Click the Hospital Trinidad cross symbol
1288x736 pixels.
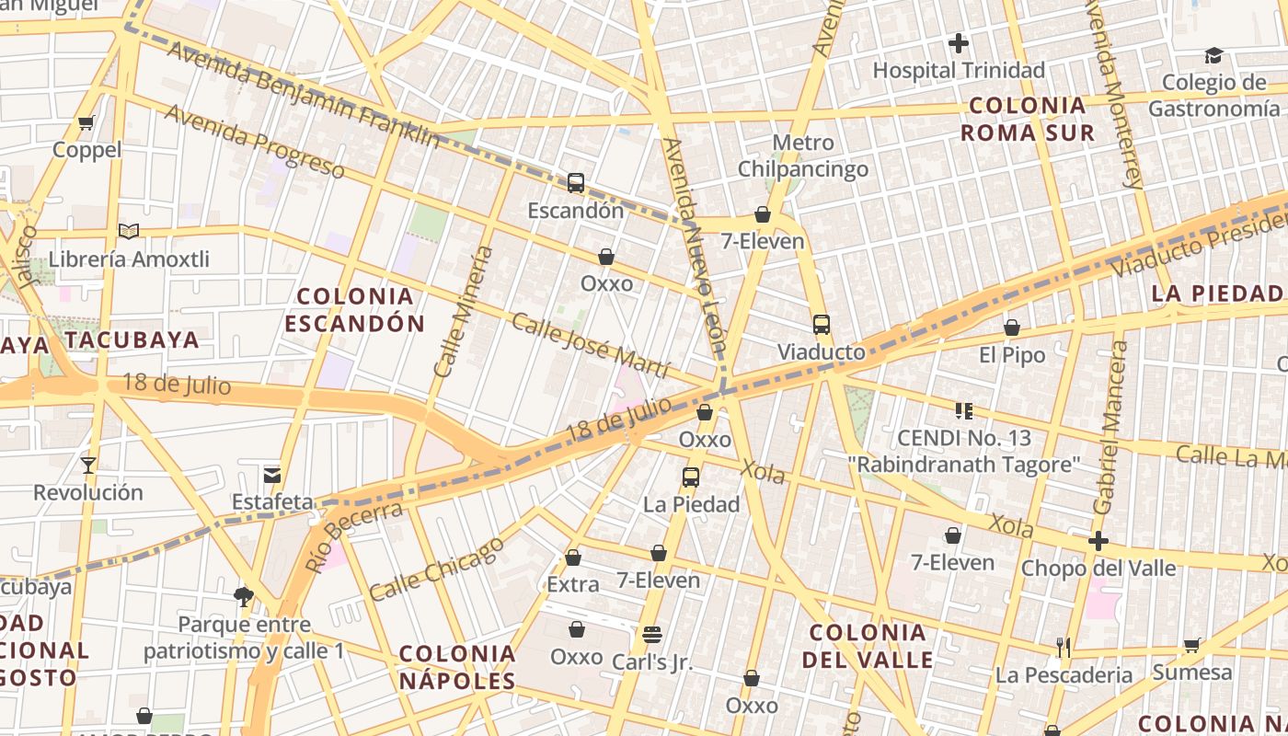pos(959,42)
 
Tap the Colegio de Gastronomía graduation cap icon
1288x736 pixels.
pos(1213,55)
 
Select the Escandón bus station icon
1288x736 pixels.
pos(576,183)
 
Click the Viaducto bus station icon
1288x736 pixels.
pos(821,325)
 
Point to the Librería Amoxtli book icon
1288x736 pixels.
pos(129,231)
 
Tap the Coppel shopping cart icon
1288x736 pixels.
pos(86,122)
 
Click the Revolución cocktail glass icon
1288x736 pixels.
pos(88,465)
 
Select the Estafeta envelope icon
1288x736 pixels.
pos(272,475)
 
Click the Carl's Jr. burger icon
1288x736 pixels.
pos(652,634)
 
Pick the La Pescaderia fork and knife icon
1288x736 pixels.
pos(1064,647)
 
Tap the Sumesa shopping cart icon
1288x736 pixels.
pos(1191,645)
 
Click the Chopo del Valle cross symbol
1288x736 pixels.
pos(1098,541)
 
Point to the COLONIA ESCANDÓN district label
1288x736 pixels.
pos(354,310)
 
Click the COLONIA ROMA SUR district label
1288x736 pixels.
pos(1028,119)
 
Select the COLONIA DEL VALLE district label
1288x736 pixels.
pos(868,646)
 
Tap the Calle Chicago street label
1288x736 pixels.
pos(437,569)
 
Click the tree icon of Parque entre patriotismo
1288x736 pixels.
pos(244,597)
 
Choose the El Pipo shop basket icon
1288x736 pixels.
pos(1012,328)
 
